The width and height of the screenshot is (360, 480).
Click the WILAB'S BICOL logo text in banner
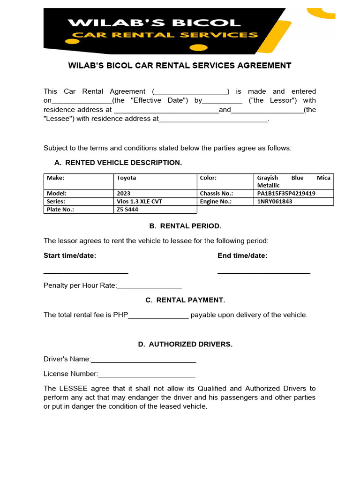(154, 22)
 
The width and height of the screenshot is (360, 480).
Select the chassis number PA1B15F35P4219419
(286, 193)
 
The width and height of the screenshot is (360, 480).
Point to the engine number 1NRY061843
(275, 202)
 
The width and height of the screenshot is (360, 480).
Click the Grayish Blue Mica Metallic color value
(293, 181)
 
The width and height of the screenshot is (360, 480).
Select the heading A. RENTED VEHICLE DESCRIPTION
(118, 163)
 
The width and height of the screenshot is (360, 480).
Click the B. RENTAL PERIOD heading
(185, 226)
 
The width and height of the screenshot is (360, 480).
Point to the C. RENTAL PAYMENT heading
(185, 300)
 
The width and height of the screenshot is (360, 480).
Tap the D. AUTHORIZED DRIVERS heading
(185, 344)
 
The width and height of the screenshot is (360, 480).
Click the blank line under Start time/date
(86, 272)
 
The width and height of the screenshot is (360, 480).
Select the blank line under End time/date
(263, 272)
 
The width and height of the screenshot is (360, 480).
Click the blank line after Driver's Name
(143, 360)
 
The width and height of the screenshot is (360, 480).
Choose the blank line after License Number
(146, 375)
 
